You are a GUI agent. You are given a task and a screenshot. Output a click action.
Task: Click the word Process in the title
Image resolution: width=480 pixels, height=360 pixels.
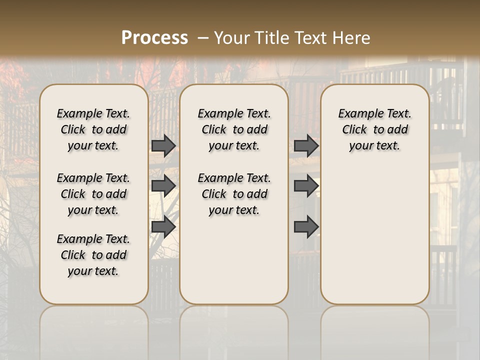(154, 37)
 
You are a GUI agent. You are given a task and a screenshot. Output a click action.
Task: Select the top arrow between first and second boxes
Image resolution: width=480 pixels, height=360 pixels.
(163, 145)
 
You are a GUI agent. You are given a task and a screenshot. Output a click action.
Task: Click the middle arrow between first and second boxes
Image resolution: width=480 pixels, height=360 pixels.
(163, 186)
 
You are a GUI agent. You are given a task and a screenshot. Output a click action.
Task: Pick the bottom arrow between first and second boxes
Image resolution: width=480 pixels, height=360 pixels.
(163, 226)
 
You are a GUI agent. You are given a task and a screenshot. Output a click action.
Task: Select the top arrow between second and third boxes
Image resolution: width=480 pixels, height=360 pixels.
(306, 145)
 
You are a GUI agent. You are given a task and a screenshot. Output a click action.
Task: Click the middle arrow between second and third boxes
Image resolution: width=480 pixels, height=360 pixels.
(306, 186)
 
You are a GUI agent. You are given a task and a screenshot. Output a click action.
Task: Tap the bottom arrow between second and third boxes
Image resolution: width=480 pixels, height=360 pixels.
(306, 226)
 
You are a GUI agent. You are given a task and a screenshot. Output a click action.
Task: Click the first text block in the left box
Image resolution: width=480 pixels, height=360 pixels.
(93, 129)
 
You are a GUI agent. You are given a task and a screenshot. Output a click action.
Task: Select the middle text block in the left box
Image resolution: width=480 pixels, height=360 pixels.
(93, 194)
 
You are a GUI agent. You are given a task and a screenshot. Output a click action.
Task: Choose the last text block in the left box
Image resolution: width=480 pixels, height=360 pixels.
(93, 255)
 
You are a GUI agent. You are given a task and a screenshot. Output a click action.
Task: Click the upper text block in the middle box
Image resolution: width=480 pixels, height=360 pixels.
(234, 129)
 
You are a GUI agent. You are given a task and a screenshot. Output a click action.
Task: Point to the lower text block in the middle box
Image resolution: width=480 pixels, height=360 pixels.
(234, 194)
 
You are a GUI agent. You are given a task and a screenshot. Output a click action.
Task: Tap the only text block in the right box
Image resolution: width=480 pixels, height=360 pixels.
(374, 129)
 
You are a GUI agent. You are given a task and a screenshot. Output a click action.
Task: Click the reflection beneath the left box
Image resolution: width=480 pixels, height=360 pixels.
(93, 330)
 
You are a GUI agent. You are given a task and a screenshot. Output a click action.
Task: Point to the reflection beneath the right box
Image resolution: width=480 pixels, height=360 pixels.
(374, 330)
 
